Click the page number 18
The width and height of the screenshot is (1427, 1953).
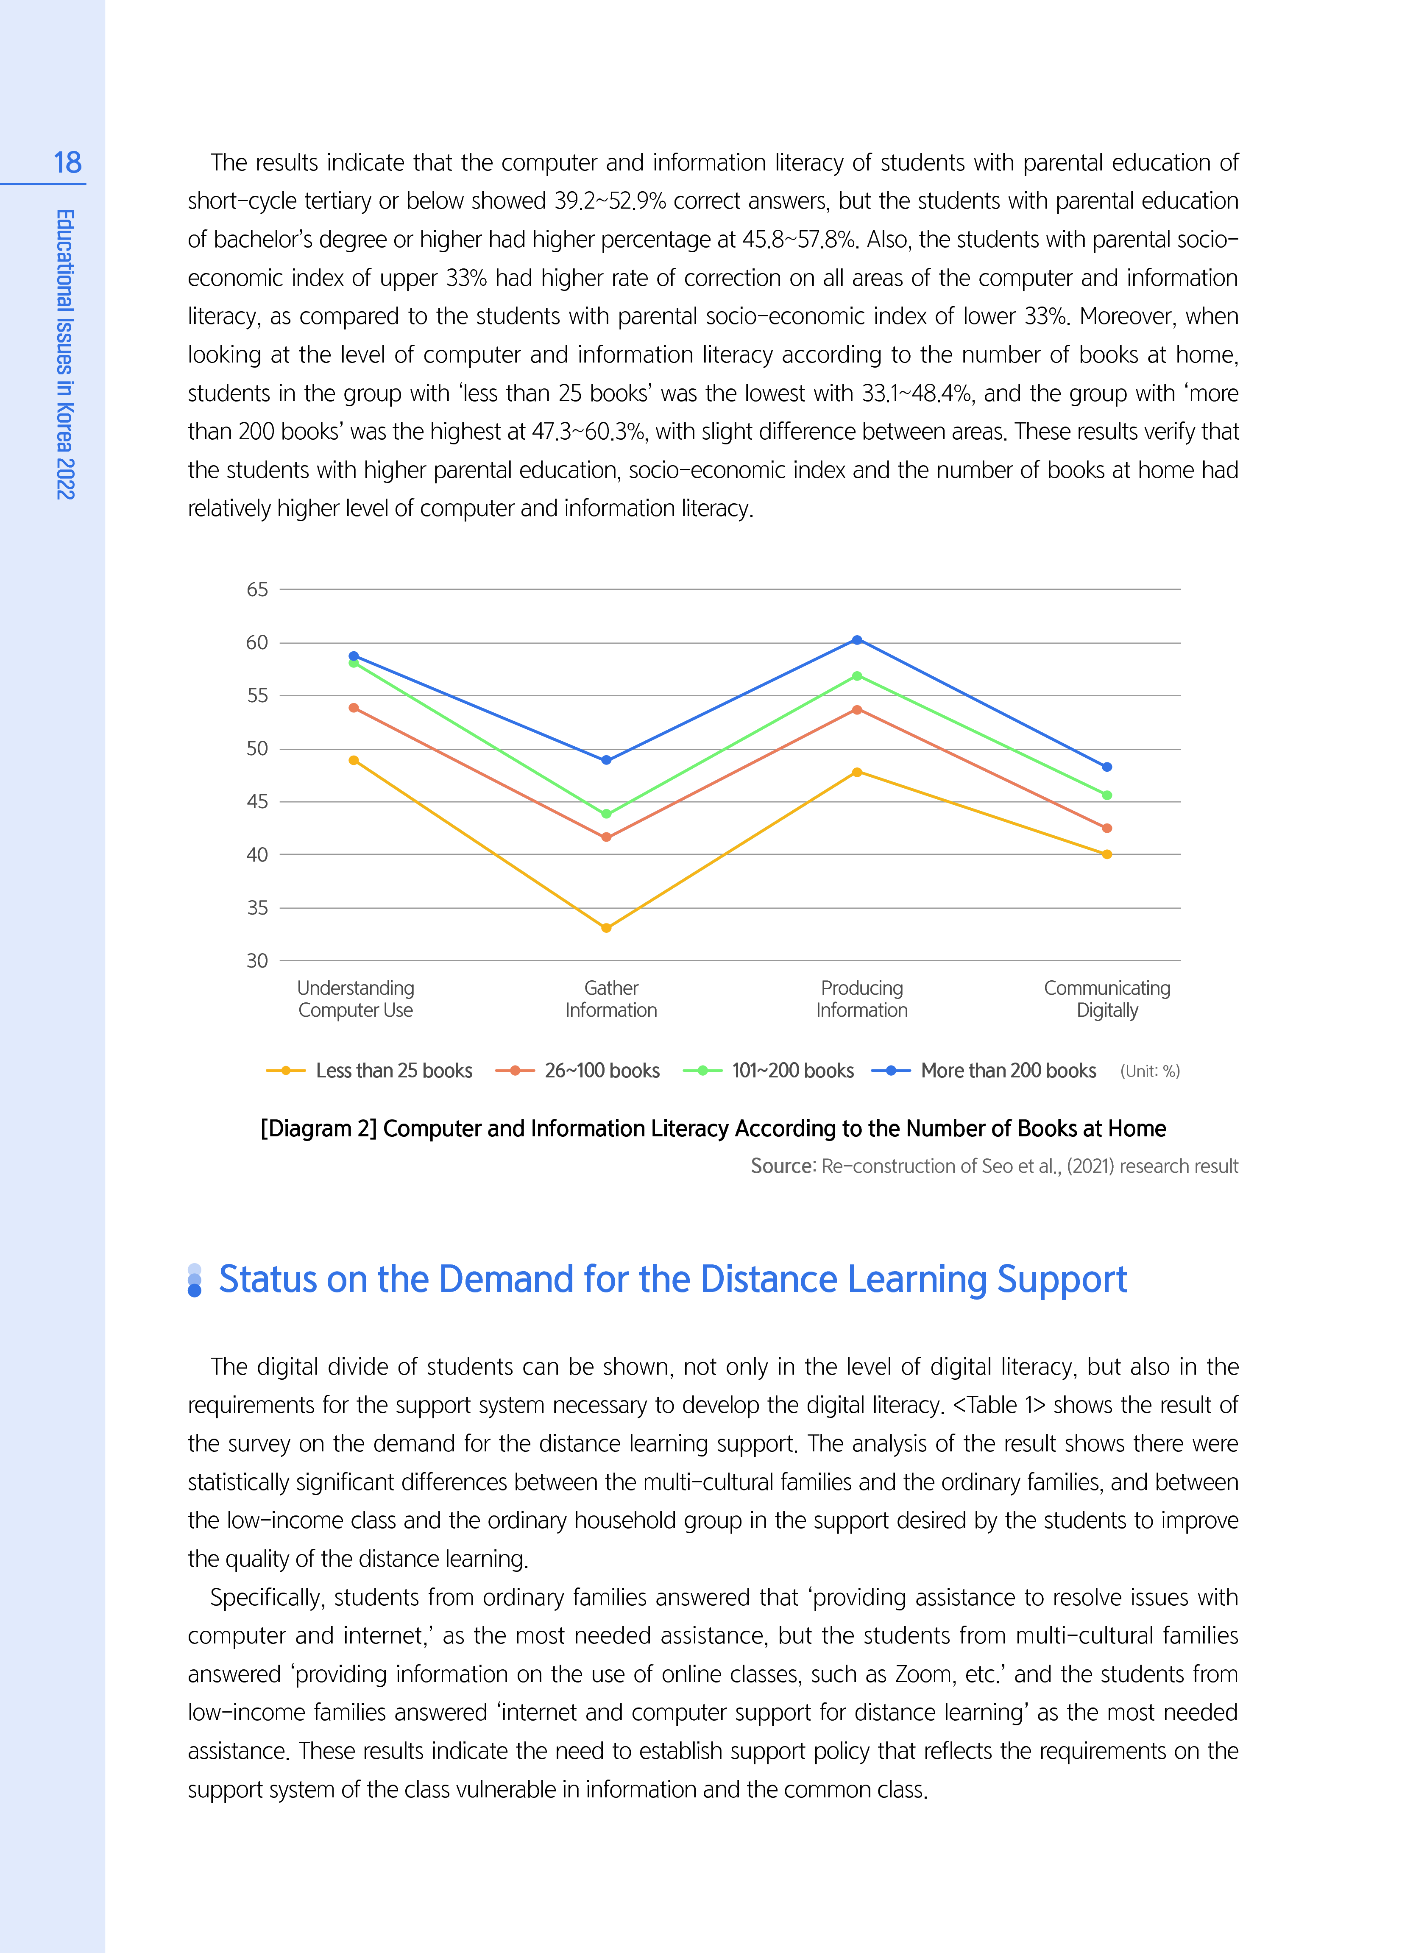click(x=67, y=162)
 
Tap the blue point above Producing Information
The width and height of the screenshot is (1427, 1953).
click(x=857, y=640)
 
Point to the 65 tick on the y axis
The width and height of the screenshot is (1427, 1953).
click(x=257, y=589)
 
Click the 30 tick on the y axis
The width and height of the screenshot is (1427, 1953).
click(x=257, y=960)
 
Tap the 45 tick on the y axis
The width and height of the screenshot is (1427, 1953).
click(x=257, y=801)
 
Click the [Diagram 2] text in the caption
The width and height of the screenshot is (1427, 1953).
click(x=319, y=1129)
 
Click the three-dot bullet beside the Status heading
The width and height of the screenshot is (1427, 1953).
click(x=194, y=1280)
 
